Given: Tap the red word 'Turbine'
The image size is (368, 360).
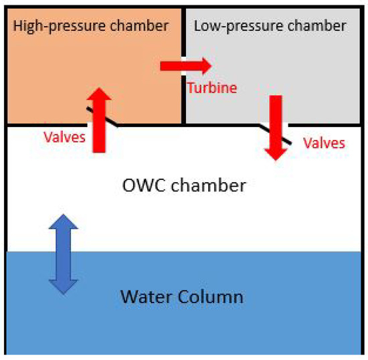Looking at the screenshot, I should pyautogui.click(x=212, y=88).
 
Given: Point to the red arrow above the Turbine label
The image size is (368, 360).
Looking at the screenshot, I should pyautogui.click(x=185, y=66).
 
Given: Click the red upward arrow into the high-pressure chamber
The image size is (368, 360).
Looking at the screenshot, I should pyautogui.click(x=100, y=120).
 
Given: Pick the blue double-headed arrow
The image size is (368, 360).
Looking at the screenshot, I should pyautogui.click(x=62, y=254).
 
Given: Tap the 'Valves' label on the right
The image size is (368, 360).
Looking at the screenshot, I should pyautogui.click(x=324, y=143).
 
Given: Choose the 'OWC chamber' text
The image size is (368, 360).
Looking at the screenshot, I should pyautogui.click(x=185, y=183).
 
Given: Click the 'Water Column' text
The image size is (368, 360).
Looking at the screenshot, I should pyautogui.click(x=181, y=295).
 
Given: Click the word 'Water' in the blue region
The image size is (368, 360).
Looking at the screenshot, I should pyautogui.click(x=143, y=295).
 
